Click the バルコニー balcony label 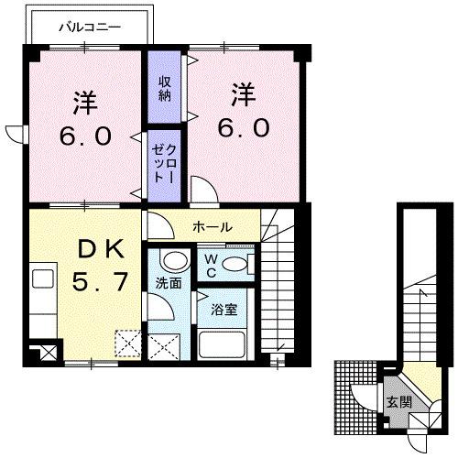pyautogui.click(x=89, y=27)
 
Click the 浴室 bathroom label pyautogui.click(x=225, y=309)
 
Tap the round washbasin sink pyautogui.click(x=170, y=260)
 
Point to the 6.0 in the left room pyautogui.click(x=88, y=136)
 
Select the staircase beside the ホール pyautogui.click(x=286, y=284)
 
